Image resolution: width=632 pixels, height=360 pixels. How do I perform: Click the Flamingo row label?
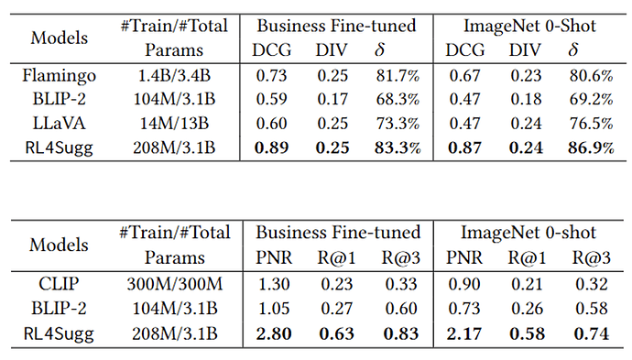[x=60, y=75]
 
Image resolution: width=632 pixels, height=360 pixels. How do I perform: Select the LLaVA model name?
[x=60, y=124]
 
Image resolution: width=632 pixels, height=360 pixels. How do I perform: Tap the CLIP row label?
[x=59, y=284]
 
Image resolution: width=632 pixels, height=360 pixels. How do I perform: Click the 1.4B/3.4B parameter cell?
[x=174, y=75]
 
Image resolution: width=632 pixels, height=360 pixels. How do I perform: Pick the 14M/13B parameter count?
[x=174, y=124]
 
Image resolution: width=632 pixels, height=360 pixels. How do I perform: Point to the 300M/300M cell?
[x=175, y=284]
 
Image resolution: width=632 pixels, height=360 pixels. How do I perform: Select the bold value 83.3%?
[x=398, y=147]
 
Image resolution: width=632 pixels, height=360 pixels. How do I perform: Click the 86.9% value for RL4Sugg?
[x=591, y=147]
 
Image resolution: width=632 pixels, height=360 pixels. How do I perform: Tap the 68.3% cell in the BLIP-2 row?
[x=398, y=99]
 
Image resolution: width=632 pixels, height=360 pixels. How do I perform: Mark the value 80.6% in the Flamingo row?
[x=591, y=75]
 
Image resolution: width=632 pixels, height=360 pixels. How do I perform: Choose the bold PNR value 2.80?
[x=274, y=333]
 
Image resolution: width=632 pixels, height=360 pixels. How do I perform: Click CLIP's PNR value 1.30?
[x=274, y=284]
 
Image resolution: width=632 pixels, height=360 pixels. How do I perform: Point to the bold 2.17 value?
[x=463, y=333]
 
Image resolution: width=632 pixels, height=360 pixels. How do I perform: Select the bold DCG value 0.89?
[x=271, y=147]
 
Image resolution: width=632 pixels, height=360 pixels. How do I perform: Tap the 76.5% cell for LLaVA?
[x=591, y=124]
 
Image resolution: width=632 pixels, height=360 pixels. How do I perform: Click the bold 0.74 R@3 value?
[x=592, y=333]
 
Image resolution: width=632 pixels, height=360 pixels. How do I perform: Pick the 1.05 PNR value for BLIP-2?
[x=274, y=309]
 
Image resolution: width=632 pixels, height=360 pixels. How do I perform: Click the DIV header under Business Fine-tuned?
[x=332, y=50]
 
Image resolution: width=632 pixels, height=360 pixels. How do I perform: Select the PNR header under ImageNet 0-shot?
[x=463, y=257]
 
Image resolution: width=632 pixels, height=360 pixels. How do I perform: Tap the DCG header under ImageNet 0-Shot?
[x=464, y=50]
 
